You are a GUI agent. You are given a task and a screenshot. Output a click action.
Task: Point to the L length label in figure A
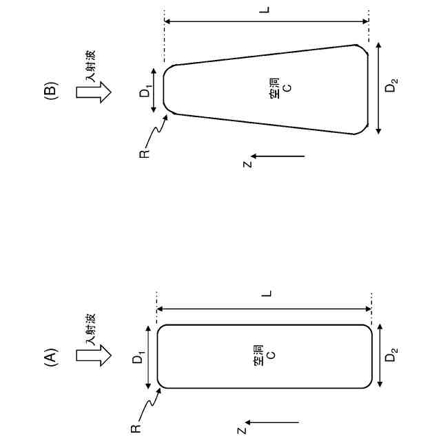tap(269, 294)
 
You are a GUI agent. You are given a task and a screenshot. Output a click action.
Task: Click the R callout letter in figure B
tap(143, 154)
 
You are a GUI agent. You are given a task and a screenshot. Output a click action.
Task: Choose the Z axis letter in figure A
tap(241, 431)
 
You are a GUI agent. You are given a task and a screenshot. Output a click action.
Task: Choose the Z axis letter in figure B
tap(246, 164)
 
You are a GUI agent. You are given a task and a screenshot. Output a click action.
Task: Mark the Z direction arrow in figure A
tap(273, 422)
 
